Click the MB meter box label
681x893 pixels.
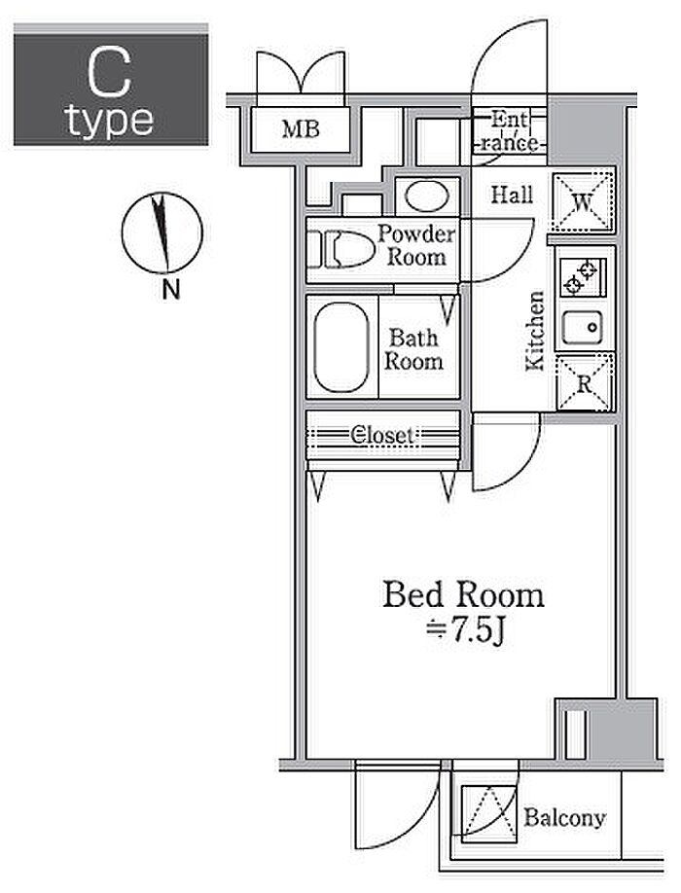(x=301, y=127)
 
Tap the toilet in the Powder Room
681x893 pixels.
(x=345, y=249)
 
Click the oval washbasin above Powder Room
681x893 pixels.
(x=426, y=196)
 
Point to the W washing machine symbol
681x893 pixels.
(x=584, y=203)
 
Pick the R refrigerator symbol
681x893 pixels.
(x=584, y=382)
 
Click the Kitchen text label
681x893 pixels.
(x=534, y=331)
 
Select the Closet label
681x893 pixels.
(x=383, y=435)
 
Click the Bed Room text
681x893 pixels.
(x=463, y=594)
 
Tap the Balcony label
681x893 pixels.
(x=564, y=817)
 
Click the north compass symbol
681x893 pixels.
(x=161, y=234)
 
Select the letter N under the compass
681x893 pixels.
(x=170, y=289)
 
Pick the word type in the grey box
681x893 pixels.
(x=110, y=122)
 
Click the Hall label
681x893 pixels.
(x=511, y=195)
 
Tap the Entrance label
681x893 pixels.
(x=510, y=131)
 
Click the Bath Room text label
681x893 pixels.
(x=414, y=349)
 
